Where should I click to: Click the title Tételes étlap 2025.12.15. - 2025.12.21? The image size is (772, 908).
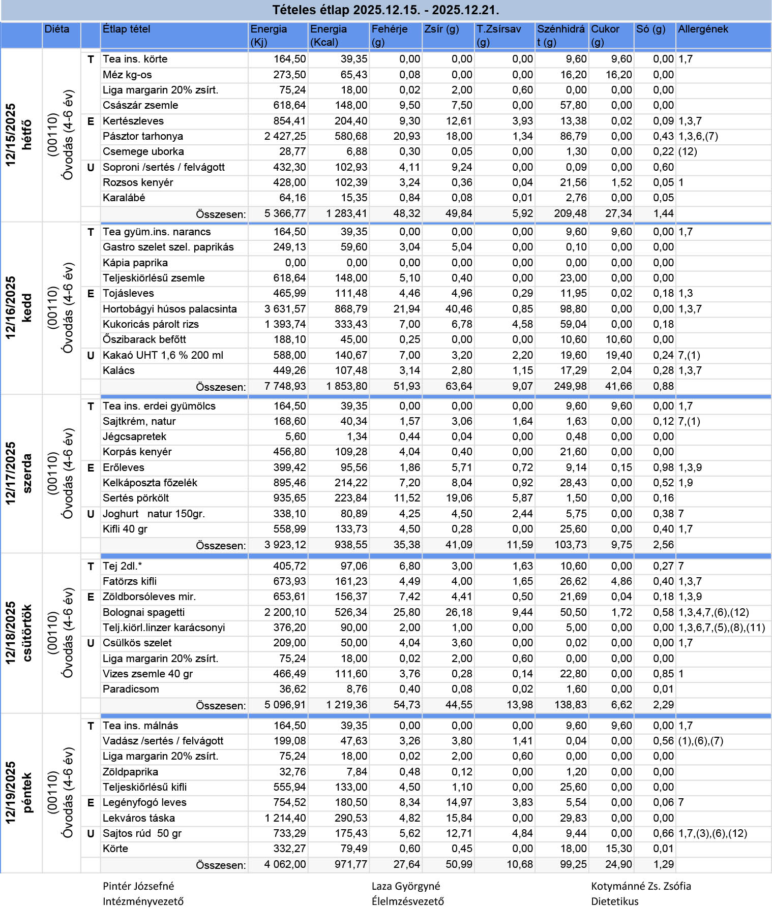click(385, 10)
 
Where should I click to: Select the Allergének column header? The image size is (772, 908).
click(703, 29)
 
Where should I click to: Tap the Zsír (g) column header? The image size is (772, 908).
click(441, 29)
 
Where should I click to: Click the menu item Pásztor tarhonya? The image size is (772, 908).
click(142, 136)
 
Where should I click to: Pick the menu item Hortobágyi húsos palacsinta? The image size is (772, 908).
click(169, 309)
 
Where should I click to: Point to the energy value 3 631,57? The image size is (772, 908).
click(285, 309)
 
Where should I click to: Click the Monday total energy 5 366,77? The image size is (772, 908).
click(285, 214)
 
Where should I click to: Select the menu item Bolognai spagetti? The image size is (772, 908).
click(143, 612)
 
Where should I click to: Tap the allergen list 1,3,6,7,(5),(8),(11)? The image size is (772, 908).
click(721, 628)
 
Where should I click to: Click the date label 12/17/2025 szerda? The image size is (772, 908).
click(18, 474)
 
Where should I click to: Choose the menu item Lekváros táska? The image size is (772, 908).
click(138, 818)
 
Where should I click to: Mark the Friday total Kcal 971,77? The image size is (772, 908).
click(350, 864)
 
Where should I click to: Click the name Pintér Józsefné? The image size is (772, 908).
click(138, 886)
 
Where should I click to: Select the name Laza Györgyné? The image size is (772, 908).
click(405, 886)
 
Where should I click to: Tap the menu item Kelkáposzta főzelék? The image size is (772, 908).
click(150, 483)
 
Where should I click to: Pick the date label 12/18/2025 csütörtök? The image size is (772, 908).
click(18, 633)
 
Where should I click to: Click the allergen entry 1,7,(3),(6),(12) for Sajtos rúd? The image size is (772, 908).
click(712, 833)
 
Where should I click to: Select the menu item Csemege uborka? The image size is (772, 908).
click(143, 151)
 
